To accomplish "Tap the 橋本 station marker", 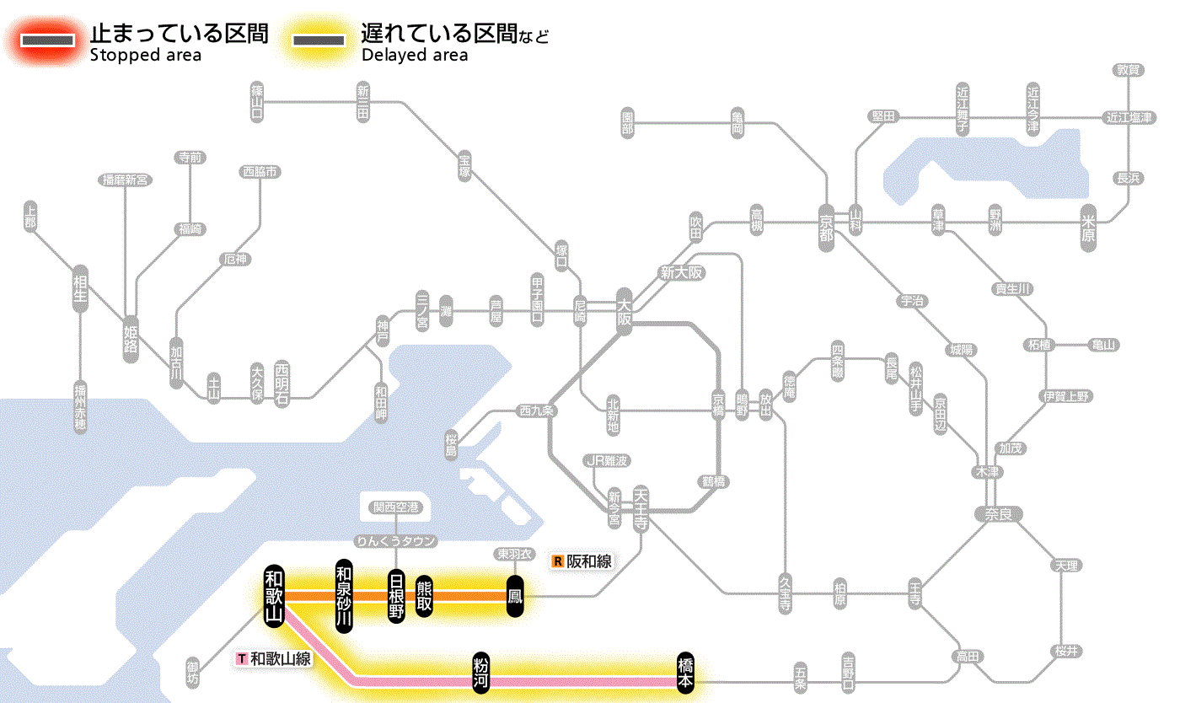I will coord(686,673).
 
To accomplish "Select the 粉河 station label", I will coord(480,673).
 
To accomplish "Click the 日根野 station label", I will coord(396,597).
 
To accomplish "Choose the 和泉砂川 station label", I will coord(343,595).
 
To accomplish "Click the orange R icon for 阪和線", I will coord(557,561).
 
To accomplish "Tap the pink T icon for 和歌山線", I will coord(242,658).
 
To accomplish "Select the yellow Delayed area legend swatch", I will coord(319,40).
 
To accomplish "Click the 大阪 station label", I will coord(625,314).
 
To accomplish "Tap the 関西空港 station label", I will coord(395,507).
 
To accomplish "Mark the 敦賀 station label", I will coord(1128,70).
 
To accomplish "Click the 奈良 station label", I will coord(997,513).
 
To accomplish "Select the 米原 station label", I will coord(1089,228).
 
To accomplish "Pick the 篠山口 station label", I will coord(257,101).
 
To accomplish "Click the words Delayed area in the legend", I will coord(414,56).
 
